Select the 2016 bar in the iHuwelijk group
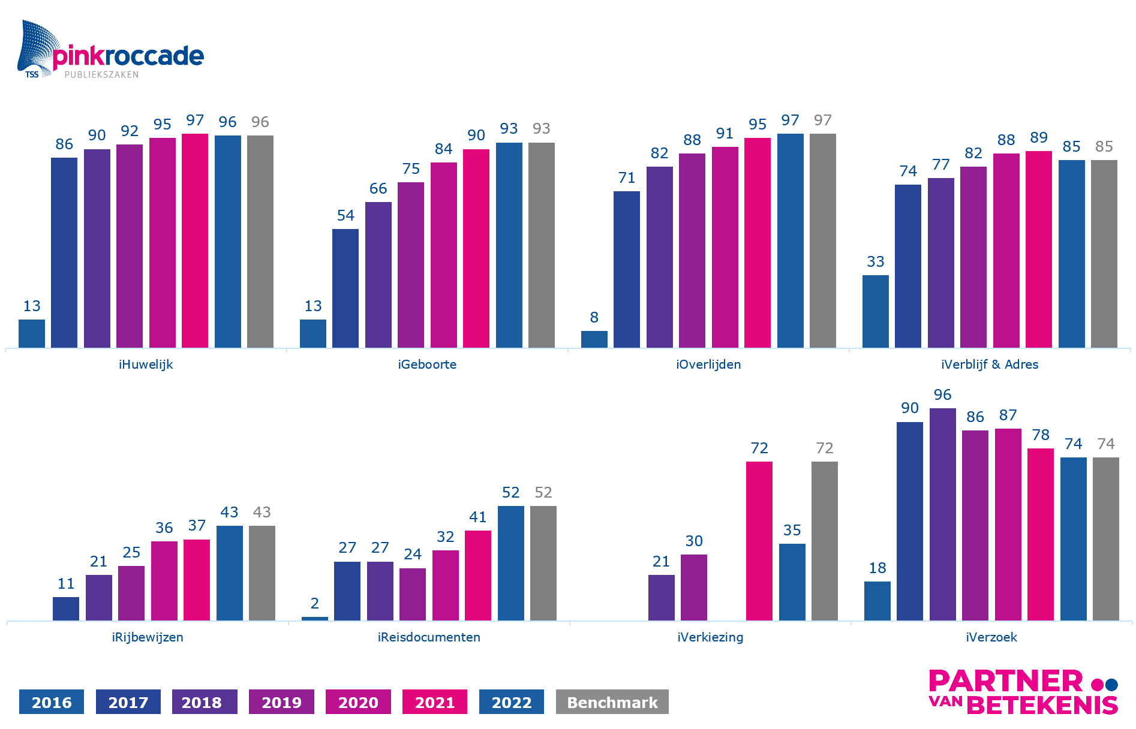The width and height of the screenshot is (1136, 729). point(32,333)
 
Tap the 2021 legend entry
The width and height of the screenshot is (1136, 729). point(434,702)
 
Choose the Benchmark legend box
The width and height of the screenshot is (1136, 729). point(612,702)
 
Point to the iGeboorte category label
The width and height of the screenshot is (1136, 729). point(427,365)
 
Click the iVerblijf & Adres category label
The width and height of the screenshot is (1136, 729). point(990,365)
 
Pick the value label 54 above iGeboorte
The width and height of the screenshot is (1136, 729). point(345,216)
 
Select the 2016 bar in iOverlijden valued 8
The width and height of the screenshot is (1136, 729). point(594,339)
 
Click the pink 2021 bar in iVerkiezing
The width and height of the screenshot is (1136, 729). point(759,541)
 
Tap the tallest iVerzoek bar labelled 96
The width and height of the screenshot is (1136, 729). point(942,514)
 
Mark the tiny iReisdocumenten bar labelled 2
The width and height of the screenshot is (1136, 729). point(315,618)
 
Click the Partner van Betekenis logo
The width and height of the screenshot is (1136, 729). point(1023,692)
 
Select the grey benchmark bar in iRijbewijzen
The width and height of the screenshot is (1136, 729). point(262,573)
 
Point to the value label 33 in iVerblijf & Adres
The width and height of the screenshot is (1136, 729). point(875,262)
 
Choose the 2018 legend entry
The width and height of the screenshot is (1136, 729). point(205,702)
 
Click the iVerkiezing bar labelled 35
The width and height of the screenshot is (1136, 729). point(792,582)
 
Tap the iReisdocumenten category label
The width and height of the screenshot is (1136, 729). point(429,637)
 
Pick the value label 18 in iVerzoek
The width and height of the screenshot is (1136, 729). point(877,568)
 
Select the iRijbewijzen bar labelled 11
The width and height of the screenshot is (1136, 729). point(66,608)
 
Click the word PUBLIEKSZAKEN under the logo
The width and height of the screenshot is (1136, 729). point(101,75)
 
